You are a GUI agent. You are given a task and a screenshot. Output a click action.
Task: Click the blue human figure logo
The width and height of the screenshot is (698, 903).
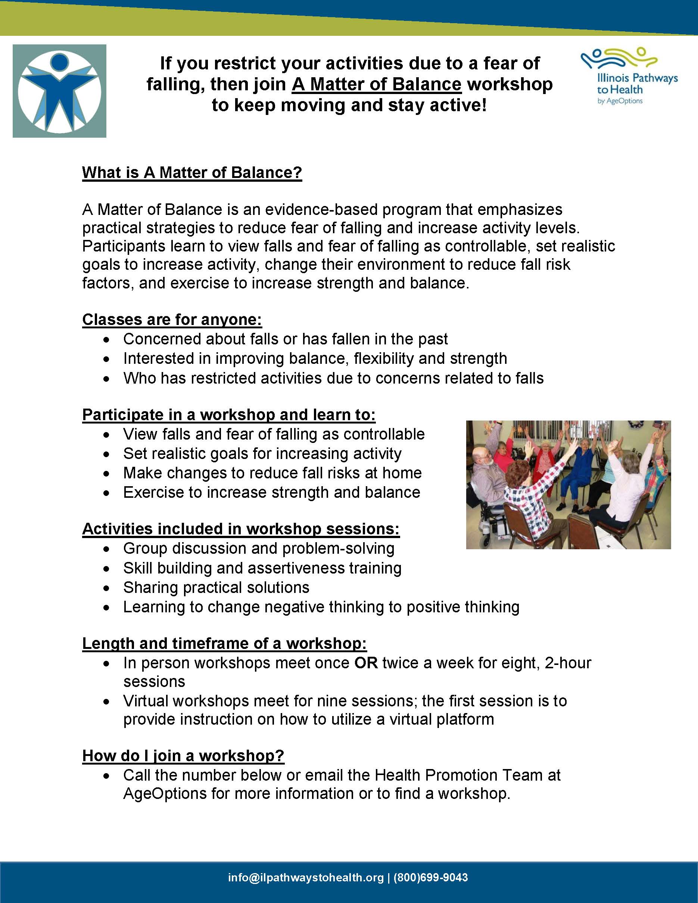click(x=59, y=91)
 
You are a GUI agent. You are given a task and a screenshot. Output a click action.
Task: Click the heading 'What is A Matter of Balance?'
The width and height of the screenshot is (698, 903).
click(x=192, y=172)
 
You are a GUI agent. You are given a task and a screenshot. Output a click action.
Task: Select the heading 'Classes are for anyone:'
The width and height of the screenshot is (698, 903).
click(x=172, y=320)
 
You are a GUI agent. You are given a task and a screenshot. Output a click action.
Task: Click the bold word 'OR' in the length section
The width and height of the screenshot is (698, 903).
click(x=366, y=663)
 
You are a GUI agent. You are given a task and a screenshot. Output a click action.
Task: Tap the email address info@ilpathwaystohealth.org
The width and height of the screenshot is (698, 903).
click(x=306, y=877)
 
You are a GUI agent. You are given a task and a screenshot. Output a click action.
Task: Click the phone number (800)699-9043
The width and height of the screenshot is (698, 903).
click(x=430, y=877)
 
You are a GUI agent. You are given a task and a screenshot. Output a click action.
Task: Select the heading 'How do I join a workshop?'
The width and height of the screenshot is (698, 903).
click(x=183, y=755)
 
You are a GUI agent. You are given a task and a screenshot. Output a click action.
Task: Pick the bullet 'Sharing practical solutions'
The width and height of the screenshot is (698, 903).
click(x=216, y=588)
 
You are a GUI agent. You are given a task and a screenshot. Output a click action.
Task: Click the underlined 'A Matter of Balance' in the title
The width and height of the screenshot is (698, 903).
click(x=376, y=84)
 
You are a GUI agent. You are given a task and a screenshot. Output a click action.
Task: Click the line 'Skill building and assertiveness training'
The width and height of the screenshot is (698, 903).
click(x=262, y=568)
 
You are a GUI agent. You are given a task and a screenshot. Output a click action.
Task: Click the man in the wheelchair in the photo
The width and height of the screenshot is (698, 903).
click(x=488, y=484)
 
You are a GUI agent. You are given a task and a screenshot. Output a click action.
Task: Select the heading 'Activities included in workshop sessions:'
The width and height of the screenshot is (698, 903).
click(x=241, y=529)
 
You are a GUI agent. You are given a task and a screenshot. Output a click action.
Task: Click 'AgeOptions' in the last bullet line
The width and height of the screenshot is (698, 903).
click(x=165, y=793)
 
